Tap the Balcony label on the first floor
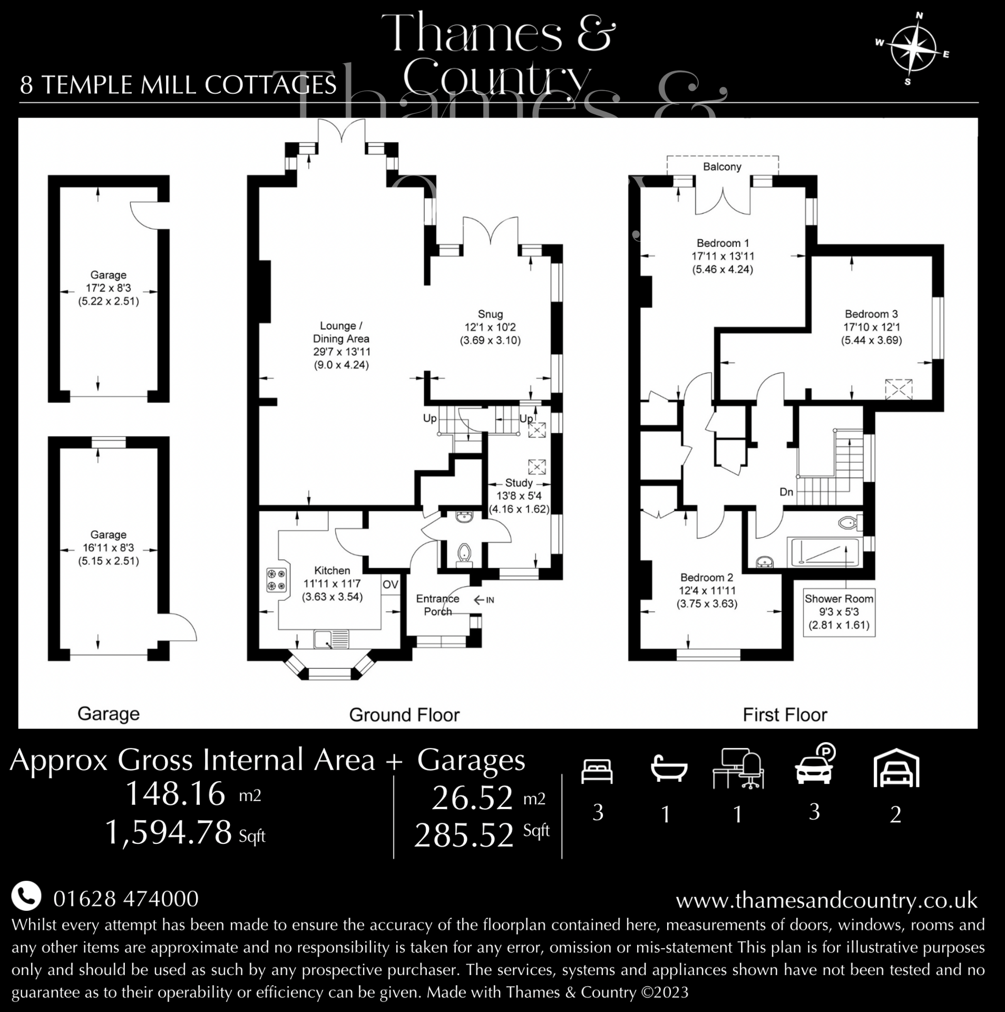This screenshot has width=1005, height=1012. click(x=722, y=167)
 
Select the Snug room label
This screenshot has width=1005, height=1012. click(x=490, y=314)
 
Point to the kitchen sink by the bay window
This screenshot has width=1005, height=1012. click(x=331, y=639)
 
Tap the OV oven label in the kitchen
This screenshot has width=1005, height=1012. click(x=391, y=585)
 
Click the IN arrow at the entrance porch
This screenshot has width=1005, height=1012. click(x=484, y=600)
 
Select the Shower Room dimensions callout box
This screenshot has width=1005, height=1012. click(x=839, y=612)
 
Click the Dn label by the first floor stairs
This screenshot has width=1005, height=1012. click(x=786, y=492)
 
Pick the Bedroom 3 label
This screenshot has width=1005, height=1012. click(x=871, y=314)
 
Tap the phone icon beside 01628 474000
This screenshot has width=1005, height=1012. click(x=26, y=897)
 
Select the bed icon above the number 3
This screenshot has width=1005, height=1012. click(x=597, y=772)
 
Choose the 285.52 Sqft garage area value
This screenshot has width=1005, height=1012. click(x=482, y=835)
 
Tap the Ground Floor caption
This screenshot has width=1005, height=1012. click(x=404, y=715)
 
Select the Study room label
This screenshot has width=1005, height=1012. click(x=519, y=483)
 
